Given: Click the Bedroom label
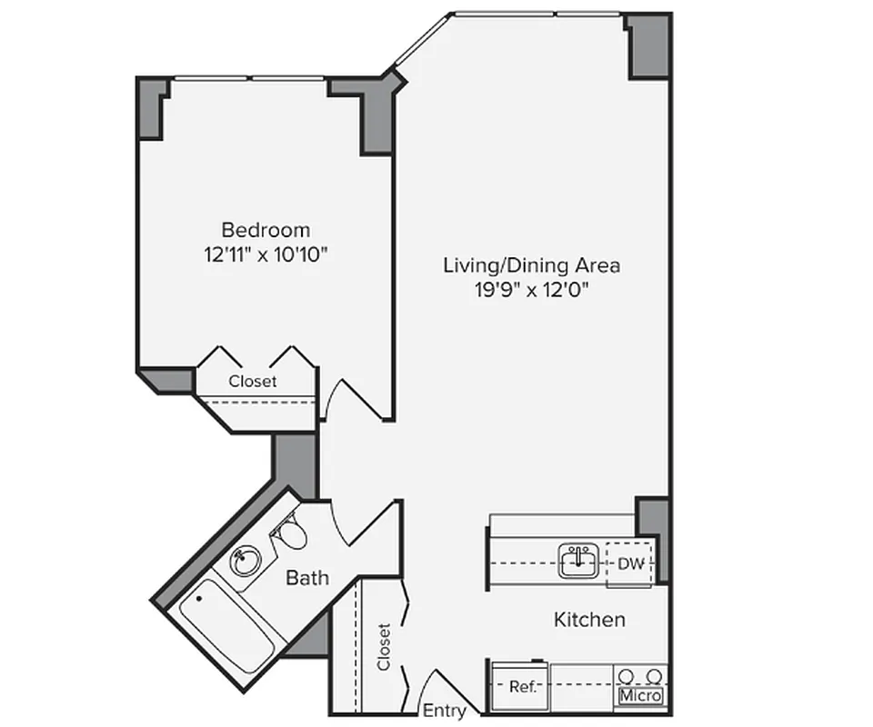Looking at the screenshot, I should [x=266, y=230].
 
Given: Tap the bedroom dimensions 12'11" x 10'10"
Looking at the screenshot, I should [x=266, y=254].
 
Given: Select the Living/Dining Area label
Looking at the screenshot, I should [x=531, y=265].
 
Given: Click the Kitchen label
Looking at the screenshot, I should [x=589, y=620].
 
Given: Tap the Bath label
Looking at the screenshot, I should [x=307, y=577].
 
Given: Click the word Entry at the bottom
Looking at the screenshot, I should [x=445, y=711].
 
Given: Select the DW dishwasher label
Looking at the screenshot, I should [x=630, y=564].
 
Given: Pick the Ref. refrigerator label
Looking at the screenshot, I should [x=522, y=687].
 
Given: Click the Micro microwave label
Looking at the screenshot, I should [x=640, y=696].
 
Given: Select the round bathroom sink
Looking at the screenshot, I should [x=244, y=561].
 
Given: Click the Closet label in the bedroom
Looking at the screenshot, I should [x=253, y=382].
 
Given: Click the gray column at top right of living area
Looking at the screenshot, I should [x=650, y=45].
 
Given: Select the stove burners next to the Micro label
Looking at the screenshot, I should [x=640, y=676].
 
